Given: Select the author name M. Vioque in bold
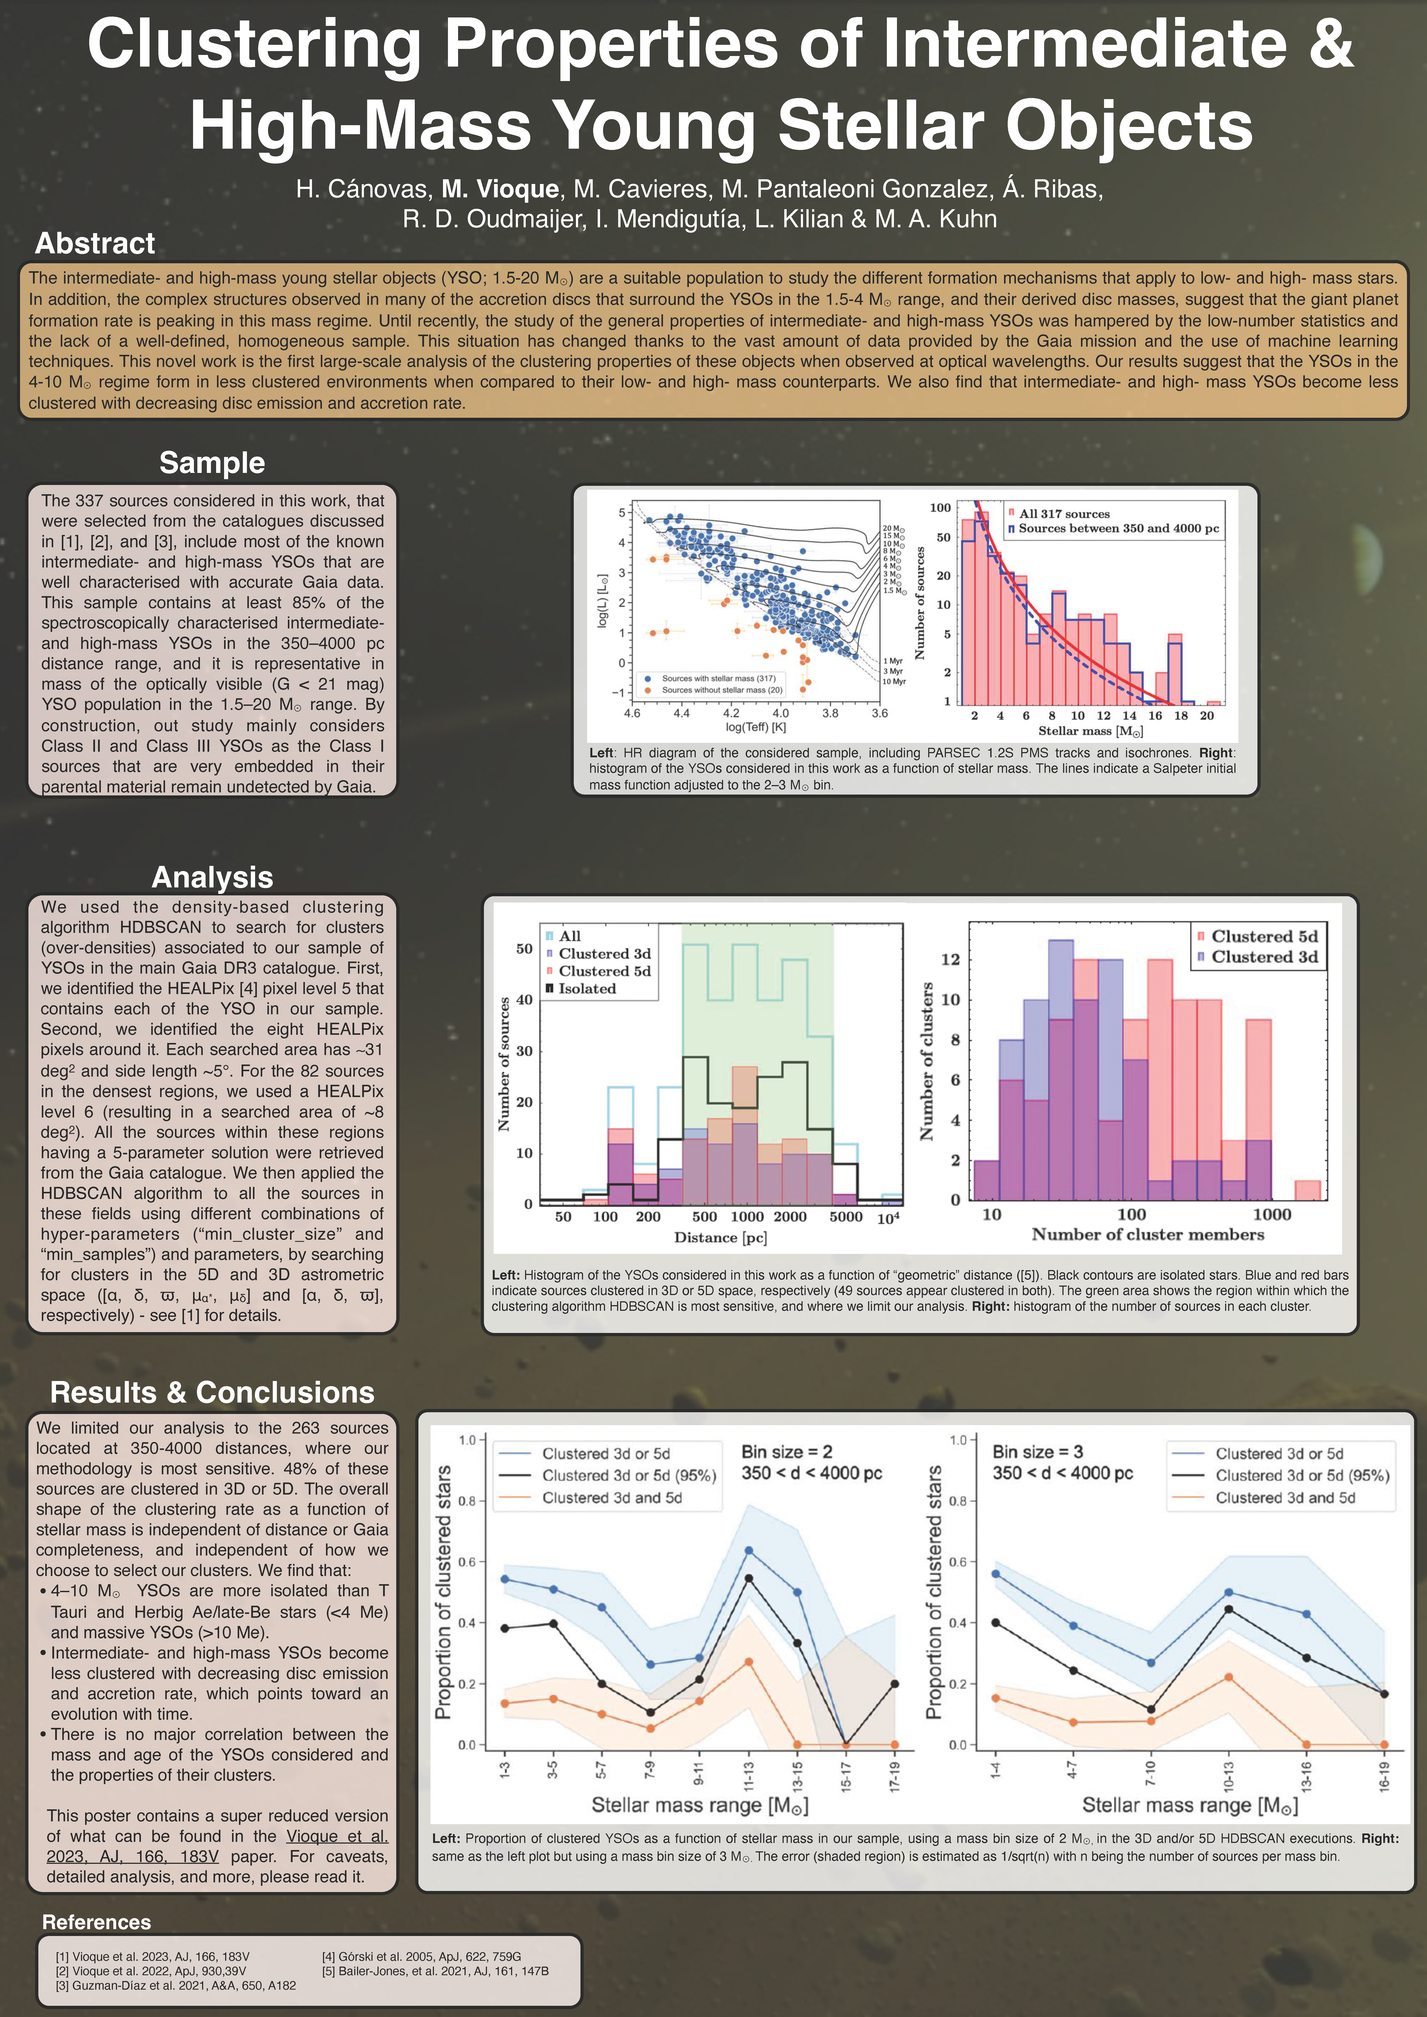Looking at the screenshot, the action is [x=500, y=189].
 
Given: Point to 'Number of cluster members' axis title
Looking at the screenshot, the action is [x=1148, y=1234].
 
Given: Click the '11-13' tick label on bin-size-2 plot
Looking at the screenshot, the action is [x=749, y=1776].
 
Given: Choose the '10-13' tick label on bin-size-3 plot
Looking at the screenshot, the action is [x=1228, y=1776].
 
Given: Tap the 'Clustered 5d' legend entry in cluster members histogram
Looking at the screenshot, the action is [x=1258, y=937].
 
